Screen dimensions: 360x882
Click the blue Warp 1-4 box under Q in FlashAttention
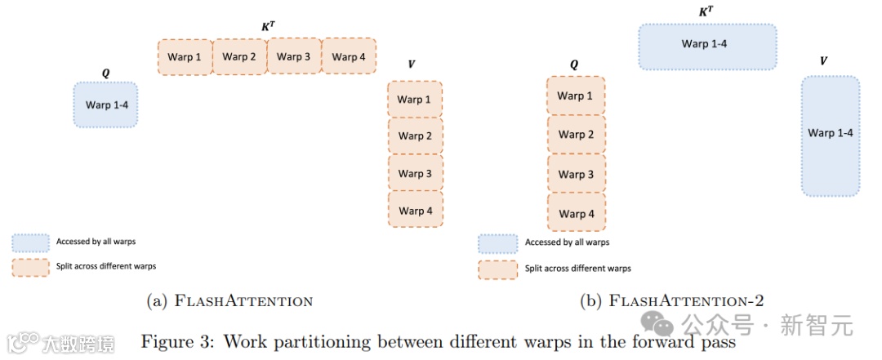pyautogui.click(x=106, y=104)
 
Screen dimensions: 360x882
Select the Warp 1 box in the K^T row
pyautogui.click(x=185, y=57)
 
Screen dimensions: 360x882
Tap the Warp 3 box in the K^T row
pyautogui.click(x=294, y=56)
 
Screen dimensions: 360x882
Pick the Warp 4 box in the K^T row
pyautogui.click(x=349, y=57)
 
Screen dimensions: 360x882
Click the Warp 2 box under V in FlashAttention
pyautogui.click(x=415, y=136)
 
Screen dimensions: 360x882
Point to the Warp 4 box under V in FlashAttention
pyautogui.click(x=415, y=211)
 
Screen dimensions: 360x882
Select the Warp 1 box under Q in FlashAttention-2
pyautogui.click(x=576, y=96)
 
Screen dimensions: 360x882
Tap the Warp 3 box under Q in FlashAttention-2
pyautogui.click(x=576, y=174)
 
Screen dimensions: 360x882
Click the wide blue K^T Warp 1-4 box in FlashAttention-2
pyautogui.click(x=707, y=46)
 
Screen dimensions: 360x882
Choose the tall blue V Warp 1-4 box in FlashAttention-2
pyautogui.click(x=831, y=136)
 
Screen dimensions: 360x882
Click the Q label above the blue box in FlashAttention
pyautogui.click(x=105, y=73)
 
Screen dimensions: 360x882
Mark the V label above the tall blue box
pyautogui.click(x=823, y=61)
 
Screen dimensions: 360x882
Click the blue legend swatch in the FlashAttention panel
pyautogui.click(x=31, y=242)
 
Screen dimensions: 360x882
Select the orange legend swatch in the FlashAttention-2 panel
pyautogui.click(x=497, y=269)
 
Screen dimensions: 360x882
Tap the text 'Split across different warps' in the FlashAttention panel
pyautogui.click(x=106, y=266)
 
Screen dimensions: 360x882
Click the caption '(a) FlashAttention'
pyautogui.click(x=229, y=300)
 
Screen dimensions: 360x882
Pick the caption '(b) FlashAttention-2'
pyautogui.click(x=672, y=300)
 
